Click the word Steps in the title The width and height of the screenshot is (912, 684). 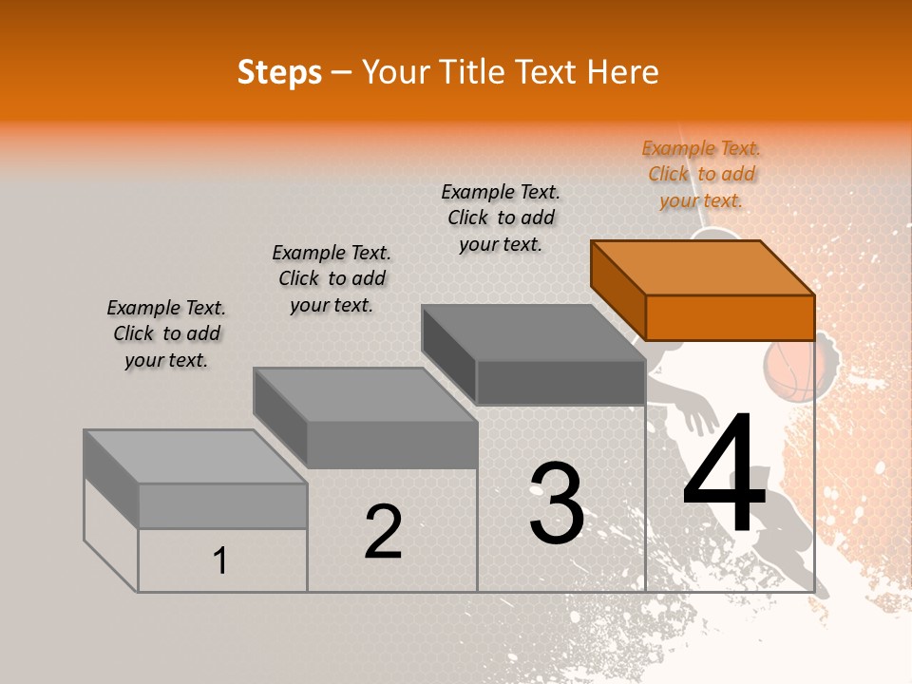pos(279,72)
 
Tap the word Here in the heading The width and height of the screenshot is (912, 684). pos(623,72)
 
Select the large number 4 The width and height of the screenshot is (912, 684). pos(724,475)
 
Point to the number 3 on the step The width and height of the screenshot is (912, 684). pos(557,503)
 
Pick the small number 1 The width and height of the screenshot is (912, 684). pos(220,561)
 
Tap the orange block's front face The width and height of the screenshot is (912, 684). pos(730,317)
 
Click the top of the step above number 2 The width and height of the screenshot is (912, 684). pos(365,395)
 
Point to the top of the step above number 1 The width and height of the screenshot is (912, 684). pos(196,457)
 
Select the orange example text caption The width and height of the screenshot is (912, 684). pos(701,174)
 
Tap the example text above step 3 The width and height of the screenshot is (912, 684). pos(501,218)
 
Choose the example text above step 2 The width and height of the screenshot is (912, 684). pos(332,278)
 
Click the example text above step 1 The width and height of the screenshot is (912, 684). pos(166,333)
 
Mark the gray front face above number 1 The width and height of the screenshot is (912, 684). pos(222,505)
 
